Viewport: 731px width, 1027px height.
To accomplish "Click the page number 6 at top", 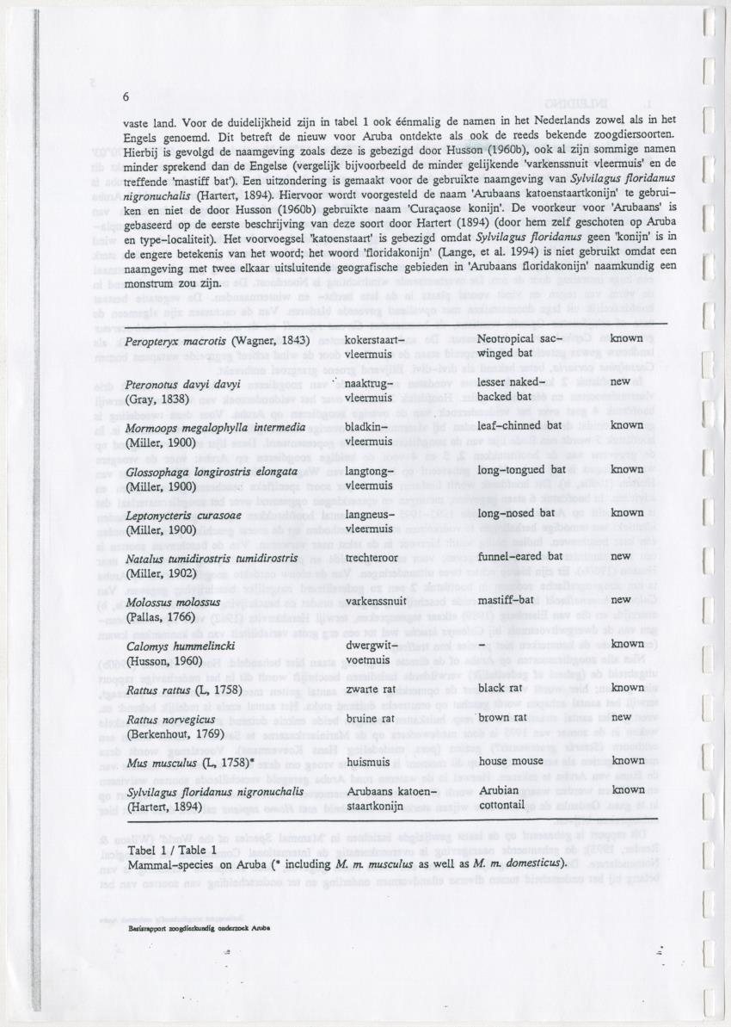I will coord(127,96).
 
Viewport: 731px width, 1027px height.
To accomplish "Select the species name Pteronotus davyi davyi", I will coord(169,384).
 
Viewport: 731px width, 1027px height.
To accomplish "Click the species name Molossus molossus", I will coord(173,602).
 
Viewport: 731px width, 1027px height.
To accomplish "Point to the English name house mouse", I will coord(511,761).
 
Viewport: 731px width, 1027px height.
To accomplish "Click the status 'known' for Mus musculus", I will coord(628,760).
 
